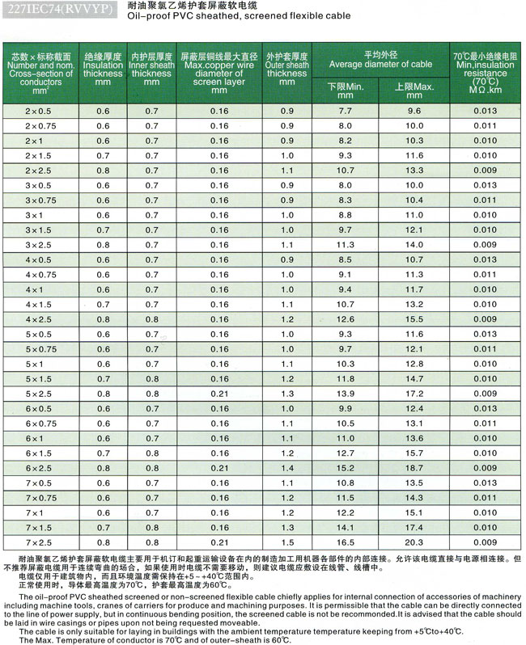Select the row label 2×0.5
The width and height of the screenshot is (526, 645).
click(x=39, y=110)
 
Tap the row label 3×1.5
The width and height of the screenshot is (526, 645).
click(x=39, y=230)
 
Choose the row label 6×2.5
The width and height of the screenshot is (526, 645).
click(x=39, y=468)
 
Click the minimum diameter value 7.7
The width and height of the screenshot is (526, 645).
click(x=346, y=110)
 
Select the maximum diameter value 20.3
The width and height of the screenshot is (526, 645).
click(x=414, y=542)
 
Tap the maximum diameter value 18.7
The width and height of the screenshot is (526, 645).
click(x=414, y=468)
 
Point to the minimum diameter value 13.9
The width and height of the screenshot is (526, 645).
click(x=346, y=393)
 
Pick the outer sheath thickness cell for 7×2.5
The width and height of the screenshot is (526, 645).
click(x=287, y=542)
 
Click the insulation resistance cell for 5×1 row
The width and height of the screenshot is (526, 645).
click(x=486, y=364)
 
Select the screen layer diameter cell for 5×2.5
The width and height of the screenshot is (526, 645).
click(x=219, y=393)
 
